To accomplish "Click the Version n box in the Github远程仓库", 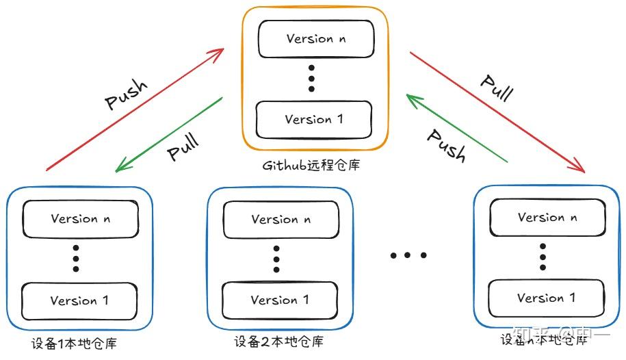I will pos(315,38).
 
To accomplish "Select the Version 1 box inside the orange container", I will pos(314,120).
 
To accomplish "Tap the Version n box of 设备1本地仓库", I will pos(79,219).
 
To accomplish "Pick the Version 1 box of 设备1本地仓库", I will pos(79,300).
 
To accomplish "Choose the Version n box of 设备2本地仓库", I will pos(280,220).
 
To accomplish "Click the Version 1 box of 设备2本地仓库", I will pos(280,300).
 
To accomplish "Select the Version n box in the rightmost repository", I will pos(547,218).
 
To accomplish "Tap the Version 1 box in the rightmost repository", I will pos(546,298).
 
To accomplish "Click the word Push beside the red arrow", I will pos(127,95).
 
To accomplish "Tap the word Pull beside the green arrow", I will pos(183,147).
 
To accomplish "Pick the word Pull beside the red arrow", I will pos(496,87).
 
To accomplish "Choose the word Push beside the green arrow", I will pos(447,144).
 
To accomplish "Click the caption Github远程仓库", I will pos(311,165).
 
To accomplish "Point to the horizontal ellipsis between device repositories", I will pos(408,255).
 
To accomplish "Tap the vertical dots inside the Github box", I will pos(311,79).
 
